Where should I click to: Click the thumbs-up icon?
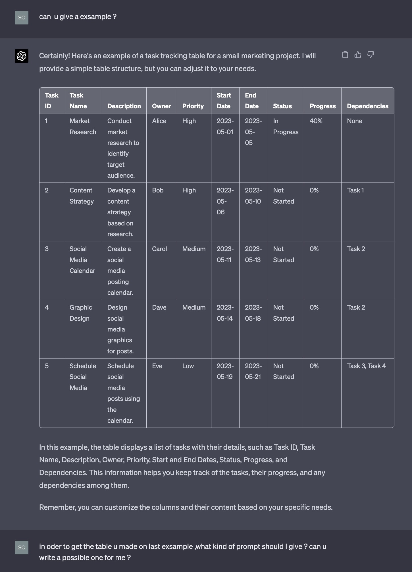pos(358,55)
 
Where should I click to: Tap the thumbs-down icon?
pos(371,55)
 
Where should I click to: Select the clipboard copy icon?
pos(345,55)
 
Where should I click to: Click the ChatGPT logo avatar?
pos(22,56)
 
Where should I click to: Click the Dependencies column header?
pos(367,106)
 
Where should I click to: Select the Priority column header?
pos(193,106)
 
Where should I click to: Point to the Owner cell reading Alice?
pos(159,121)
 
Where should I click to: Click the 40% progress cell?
pos(316,121)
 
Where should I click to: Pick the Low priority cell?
pos(188,366)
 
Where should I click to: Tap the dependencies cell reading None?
pos(354,121)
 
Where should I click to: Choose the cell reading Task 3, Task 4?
pos(366,366)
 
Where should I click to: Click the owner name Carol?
pos(159,249)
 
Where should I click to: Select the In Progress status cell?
pos(286,127)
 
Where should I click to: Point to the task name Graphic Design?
pos(81,313)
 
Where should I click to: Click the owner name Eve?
pos(157,366)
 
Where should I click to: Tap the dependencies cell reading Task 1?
pos(355,190)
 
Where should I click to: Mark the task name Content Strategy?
pos(81,196)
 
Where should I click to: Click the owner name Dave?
pos(159,307)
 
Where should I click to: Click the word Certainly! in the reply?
pos(54,56)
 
